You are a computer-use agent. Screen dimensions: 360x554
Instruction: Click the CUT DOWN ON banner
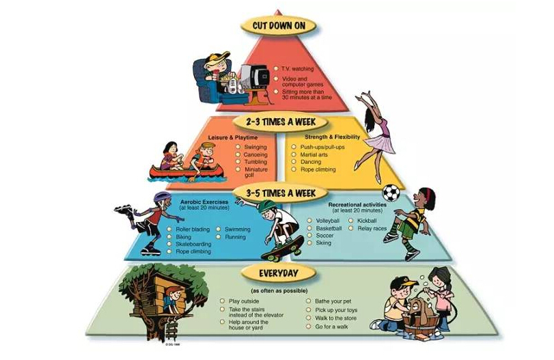[x=277, y=27]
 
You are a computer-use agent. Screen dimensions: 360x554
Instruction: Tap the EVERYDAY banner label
[x=277, y=273]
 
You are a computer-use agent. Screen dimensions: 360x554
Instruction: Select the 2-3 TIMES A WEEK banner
[x=277, y=122]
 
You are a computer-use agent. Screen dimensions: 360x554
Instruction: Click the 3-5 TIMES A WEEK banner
[x=277, y=193]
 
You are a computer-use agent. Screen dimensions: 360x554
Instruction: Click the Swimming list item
[x=237, y=230]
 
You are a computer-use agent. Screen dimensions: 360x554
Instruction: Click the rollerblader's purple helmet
[x=161, y=197]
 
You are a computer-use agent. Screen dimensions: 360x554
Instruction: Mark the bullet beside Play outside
[x=223, y=301]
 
